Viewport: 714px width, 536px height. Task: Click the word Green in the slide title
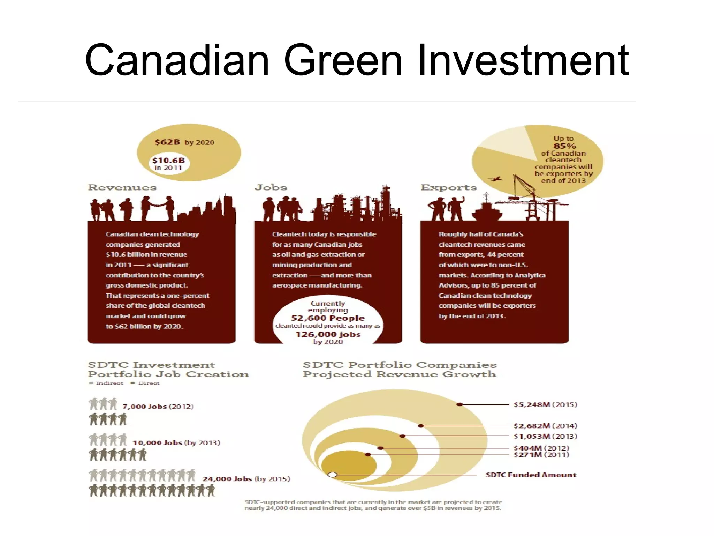coord(343,60)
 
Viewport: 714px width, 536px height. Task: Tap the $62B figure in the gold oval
coord(167,142)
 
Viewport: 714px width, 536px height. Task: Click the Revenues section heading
coord(122,188)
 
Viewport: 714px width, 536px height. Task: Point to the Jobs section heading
coord(271,188)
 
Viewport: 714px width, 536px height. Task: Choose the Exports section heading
coord(449,188)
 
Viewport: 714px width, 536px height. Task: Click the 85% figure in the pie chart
coord(564,146)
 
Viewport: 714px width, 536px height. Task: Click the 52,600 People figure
coord(328,318)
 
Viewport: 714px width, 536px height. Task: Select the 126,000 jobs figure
coord(328,334)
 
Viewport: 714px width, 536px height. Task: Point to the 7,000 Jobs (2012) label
coord(158,407)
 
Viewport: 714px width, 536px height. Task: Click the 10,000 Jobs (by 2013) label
coord(176,443)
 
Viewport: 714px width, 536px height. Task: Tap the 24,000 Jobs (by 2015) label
coord(246,479)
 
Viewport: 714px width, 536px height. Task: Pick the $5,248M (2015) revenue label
coord(545,405)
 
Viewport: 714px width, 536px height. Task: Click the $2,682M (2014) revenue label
coord(545,426)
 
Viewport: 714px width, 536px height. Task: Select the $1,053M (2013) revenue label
coord(545,437)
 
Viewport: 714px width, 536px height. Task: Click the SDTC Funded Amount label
coord(531,475)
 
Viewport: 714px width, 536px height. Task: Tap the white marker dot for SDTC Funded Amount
coord(333,475)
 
